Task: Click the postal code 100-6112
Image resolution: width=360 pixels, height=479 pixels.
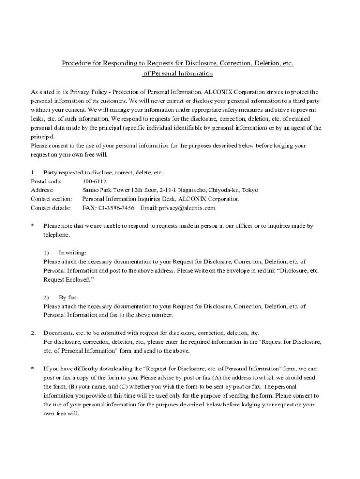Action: click(x=94, y=181)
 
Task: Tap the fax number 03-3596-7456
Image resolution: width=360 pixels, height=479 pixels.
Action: click(x=115, y=208)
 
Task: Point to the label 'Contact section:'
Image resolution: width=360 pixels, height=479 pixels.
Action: click(x=51, y=199)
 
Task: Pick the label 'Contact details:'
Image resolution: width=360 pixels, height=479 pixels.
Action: click(x=50, y=208)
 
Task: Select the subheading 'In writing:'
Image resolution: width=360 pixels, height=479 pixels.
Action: click(x=72, y=253)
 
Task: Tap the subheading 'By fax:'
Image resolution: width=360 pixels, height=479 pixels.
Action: click(x=68, y=298)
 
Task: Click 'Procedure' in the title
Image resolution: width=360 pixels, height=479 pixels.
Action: click(x=77, y=63)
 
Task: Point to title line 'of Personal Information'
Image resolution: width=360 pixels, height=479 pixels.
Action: click(x=178, y=74)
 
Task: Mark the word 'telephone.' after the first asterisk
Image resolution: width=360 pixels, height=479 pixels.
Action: click(x=57, y=235)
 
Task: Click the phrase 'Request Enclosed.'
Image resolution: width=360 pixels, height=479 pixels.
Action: click(x=65, y=280)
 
